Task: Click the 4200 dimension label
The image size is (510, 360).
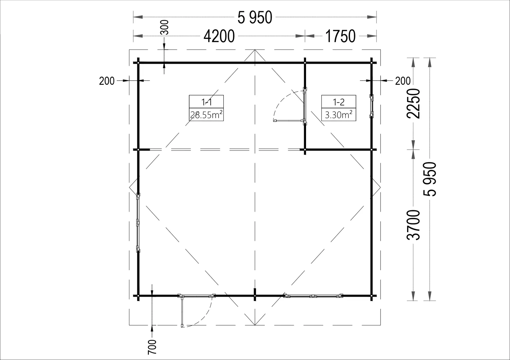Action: (x=219, y=36)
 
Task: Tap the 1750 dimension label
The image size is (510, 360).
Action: (x=340, y=36)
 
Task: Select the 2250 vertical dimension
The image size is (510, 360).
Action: (x=413, y=104)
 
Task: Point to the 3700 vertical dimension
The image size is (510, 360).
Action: (x=413, y=225)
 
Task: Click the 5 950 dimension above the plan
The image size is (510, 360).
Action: (x=255, y=18)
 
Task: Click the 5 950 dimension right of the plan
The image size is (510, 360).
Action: (x=430, y=179)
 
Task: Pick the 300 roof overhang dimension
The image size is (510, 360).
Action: (x=165, y=27)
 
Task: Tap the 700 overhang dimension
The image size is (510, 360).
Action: (x=152, y=347)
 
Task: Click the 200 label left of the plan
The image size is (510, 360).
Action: (x=107, y=81)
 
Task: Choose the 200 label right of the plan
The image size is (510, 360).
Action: (x=403, y=81)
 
